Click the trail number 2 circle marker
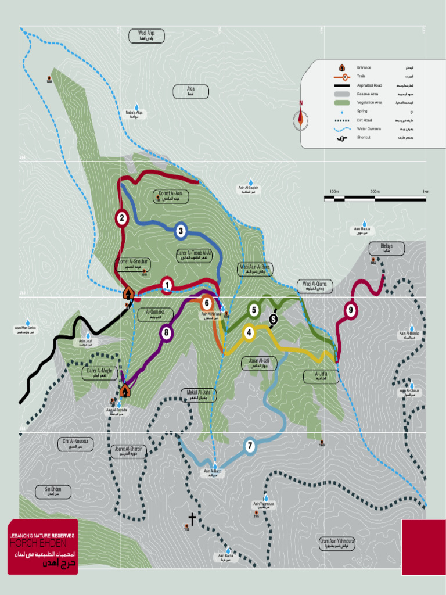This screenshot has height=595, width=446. pyautogui.click(x=122, y=218)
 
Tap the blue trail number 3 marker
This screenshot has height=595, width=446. pyautogui.click(x=181, y=231)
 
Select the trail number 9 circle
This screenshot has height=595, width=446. pyautogui.click(x=351, y=310)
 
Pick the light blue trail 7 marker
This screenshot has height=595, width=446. pyautogui.click(x=250, y=446)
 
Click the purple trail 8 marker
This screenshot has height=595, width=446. pyautogui.click(x=167, y=333)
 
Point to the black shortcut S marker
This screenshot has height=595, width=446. pyautogui.click(x=274, y=318)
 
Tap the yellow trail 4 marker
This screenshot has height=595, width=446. pyautogui.click(x=250, y=333)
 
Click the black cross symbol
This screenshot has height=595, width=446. pyautogui.click(x=192, y=518)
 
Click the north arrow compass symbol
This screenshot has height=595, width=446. pyautogui.click(x=301, y=114)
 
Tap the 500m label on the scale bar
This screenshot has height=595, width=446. pyautogui.click(x=374, y=191)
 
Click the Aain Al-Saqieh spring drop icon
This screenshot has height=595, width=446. pyautogui.click(x=251, y=181)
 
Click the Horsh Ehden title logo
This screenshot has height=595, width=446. pyautogui.click(x=42, y=546)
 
